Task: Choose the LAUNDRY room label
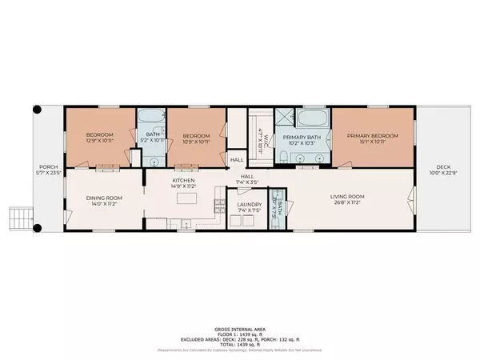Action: coord(242,205)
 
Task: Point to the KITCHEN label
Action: coord(184,181)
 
